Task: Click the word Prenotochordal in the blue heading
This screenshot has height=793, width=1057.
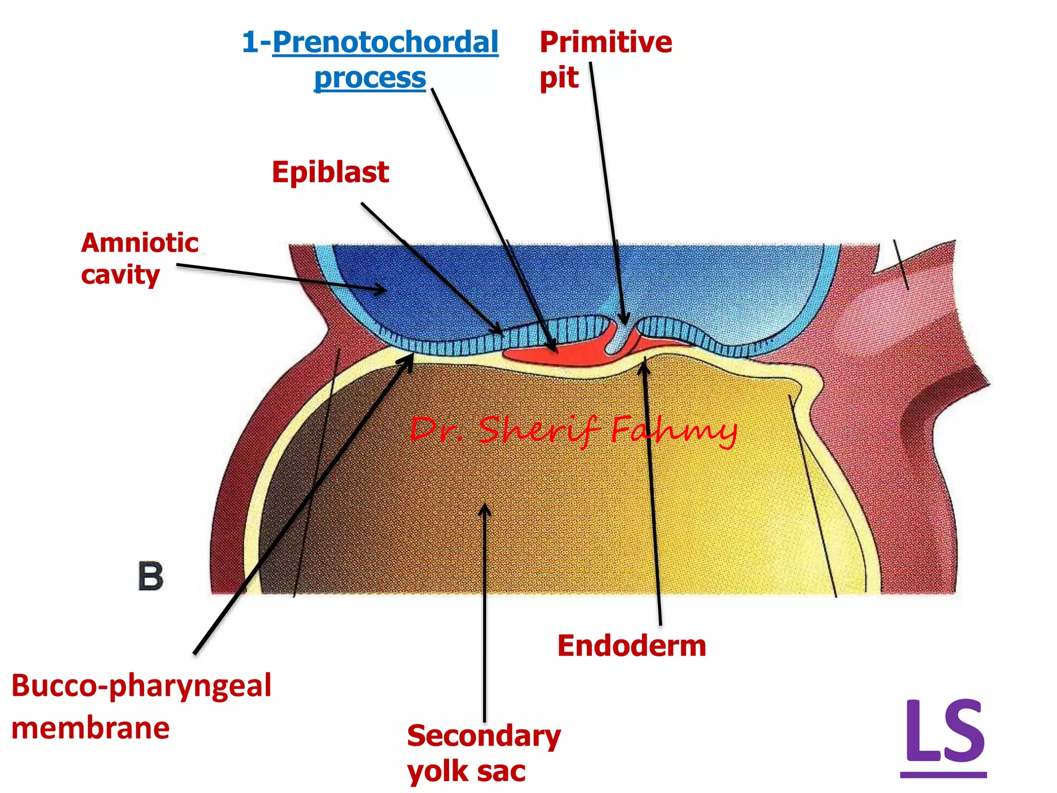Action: (x=385, y=42)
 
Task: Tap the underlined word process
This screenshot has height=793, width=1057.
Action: (x=370, y=78)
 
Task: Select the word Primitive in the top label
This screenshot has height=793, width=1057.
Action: (x=605, y=42)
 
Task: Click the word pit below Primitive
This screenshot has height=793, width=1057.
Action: (x=558, y=78)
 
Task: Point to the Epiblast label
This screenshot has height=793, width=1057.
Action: (x=330, y=172)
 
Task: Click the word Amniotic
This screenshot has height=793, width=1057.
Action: (x=139, y=243)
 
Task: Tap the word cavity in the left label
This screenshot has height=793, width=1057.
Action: (x=120, y=275)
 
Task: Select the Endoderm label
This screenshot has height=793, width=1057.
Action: (x=631, y=646)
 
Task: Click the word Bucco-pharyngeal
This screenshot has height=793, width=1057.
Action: (x=141, y=686)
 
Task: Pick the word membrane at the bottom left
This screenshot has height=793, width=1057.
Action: (x=90, y=728)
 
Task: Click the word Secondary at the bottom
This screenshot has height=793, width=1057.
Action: (x=484, y=735)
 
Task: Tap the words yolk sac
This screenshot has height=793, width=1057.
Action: (x=466, y=771)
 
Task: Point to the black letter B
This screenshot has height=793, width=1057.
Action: (x=150, y=576)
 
